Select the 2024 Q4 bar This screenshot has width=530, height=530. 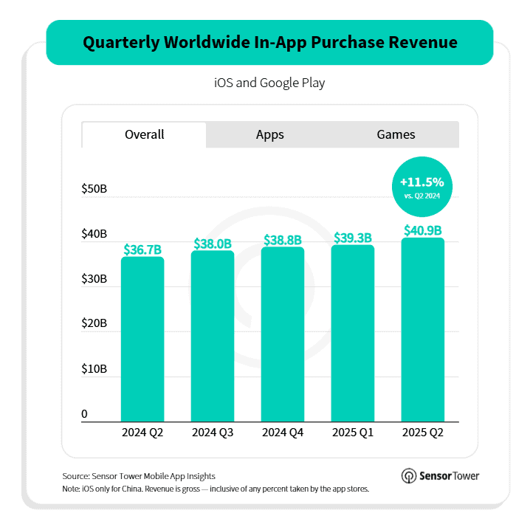click(283, 334)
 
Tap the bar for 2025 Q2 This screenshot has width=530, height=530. click(422, 330)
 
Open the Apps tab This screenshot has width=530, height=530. click(270, 134)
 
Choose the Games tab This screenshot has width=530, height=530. click(396, 134)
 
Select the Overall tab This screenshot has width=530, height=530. click(145, 134)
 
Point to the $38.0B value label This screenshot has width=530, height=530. click(213, 244)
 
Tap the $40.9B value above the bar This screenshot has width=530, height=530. click(422, 230)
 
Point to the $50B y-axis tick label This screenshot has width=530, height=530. click(94, 190)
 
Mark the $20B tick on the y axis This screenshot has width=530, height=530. click(94, 324)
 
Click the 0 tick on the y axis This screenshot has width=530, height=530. click(85, 414)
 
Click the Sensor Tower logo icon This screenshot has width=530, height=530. click(408, 476)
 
